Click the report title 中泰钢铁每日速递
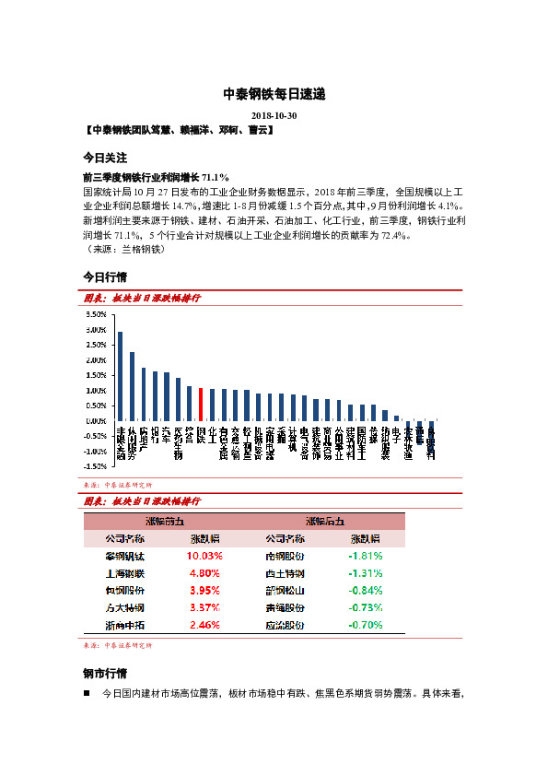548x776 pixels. click(274, 94)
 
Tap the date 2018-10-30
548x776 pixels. click(274, 116)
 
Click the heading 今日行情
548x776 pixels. click(105, 276)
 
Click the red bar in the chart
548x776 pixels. click(201, 405)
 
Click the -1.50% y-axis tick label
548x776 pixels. click(95, 466)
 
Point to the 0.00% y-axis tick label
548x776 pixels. click(96, 421)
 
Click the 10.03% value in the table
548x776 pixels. click(204, 557)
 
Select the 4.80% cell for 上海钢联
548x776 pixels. click(204, 574)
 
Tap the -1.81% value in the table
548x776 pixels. click(366, 557)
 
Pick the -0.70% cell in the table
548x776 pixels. click(366, 625)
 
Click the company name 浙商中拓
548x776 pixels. click(125, 625)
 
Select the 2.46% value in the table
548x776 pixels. click(204, 625)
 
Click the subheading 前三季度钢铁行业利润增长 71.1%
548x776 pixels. click(156, 177)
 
